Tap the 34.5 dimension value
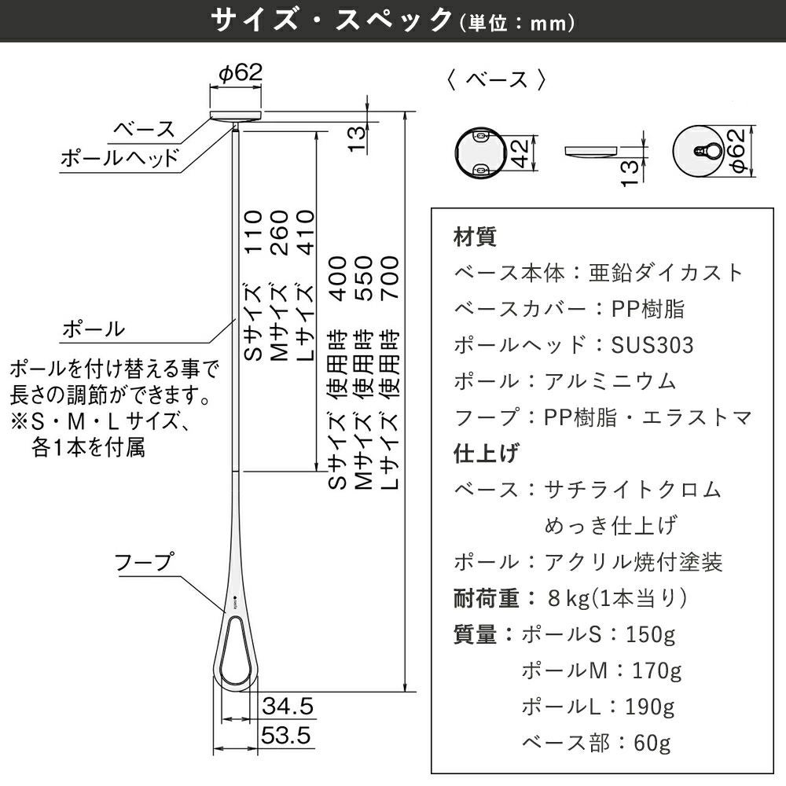tap(288, 706)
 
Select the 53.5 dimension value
tap(288, 736)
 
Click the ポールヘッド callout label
tap(119, 158)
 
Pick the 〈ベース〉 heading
tap(495, 80)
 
